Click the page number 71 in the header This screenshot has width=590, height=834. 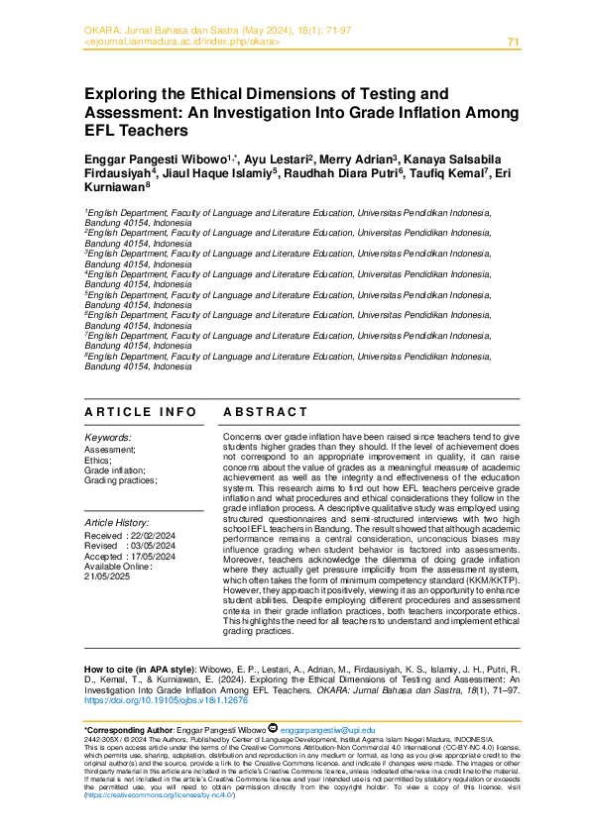pyautogui.click(x=513, y=42)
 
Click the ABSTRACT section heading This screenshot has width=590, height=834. pyautogui.click(x=265, y=412)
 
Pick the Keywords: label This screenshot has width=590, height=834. pyautogui.click(x=108, y=437)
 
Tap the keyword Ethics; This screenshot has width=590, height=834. pyautogui.click(x=98, y=460)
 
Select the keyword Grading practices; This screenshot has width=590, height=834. pyautogui.click(x=120, y=480)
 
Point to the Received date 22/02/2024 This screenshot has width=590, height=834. pyautogui.click(x=155, y=536)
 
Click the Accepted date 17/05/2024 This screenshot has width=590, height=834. pyautogui.click(x=155, y=557)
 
